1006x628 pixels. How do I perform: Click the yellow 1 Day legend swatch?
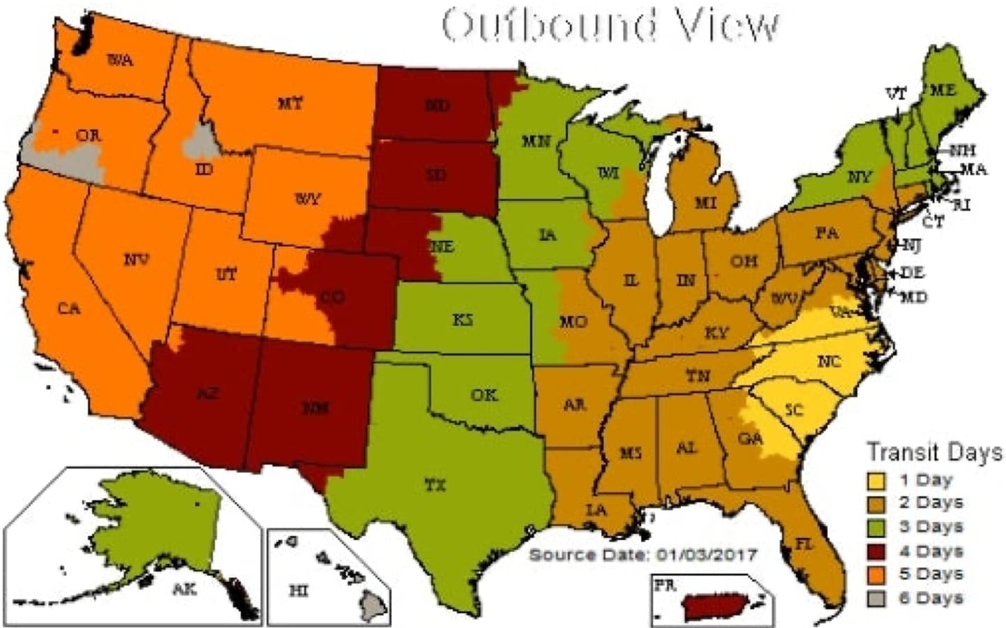(876, 481)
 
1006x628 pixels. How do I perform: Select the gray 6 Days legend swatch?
(876, 599)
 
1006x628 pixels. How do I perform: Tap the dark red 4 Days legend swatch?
(876, 551)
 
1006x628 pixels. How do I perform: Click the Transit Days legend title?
(933, 452)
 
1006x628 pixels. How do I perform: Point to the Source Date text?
(643, 555)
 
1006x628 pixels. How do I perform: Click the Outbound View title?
(610, 26)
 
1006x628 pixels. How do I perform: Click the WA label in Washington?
(120, 60)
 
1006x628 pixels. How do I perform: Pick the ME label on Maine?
(943, 90)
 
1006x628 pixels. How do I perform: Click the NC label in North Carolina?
(828, 361)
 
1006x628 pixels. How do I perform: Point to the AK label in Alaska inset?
(184, 590)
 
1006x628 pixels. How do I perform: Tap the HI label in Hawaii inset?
(299, 590)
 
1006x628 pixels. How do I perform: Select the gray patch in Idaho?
(200, 142)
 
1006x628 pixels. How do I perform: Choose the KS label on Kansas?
(462, 320)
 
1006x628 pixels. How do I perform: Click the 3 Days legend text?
(931, 527)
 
